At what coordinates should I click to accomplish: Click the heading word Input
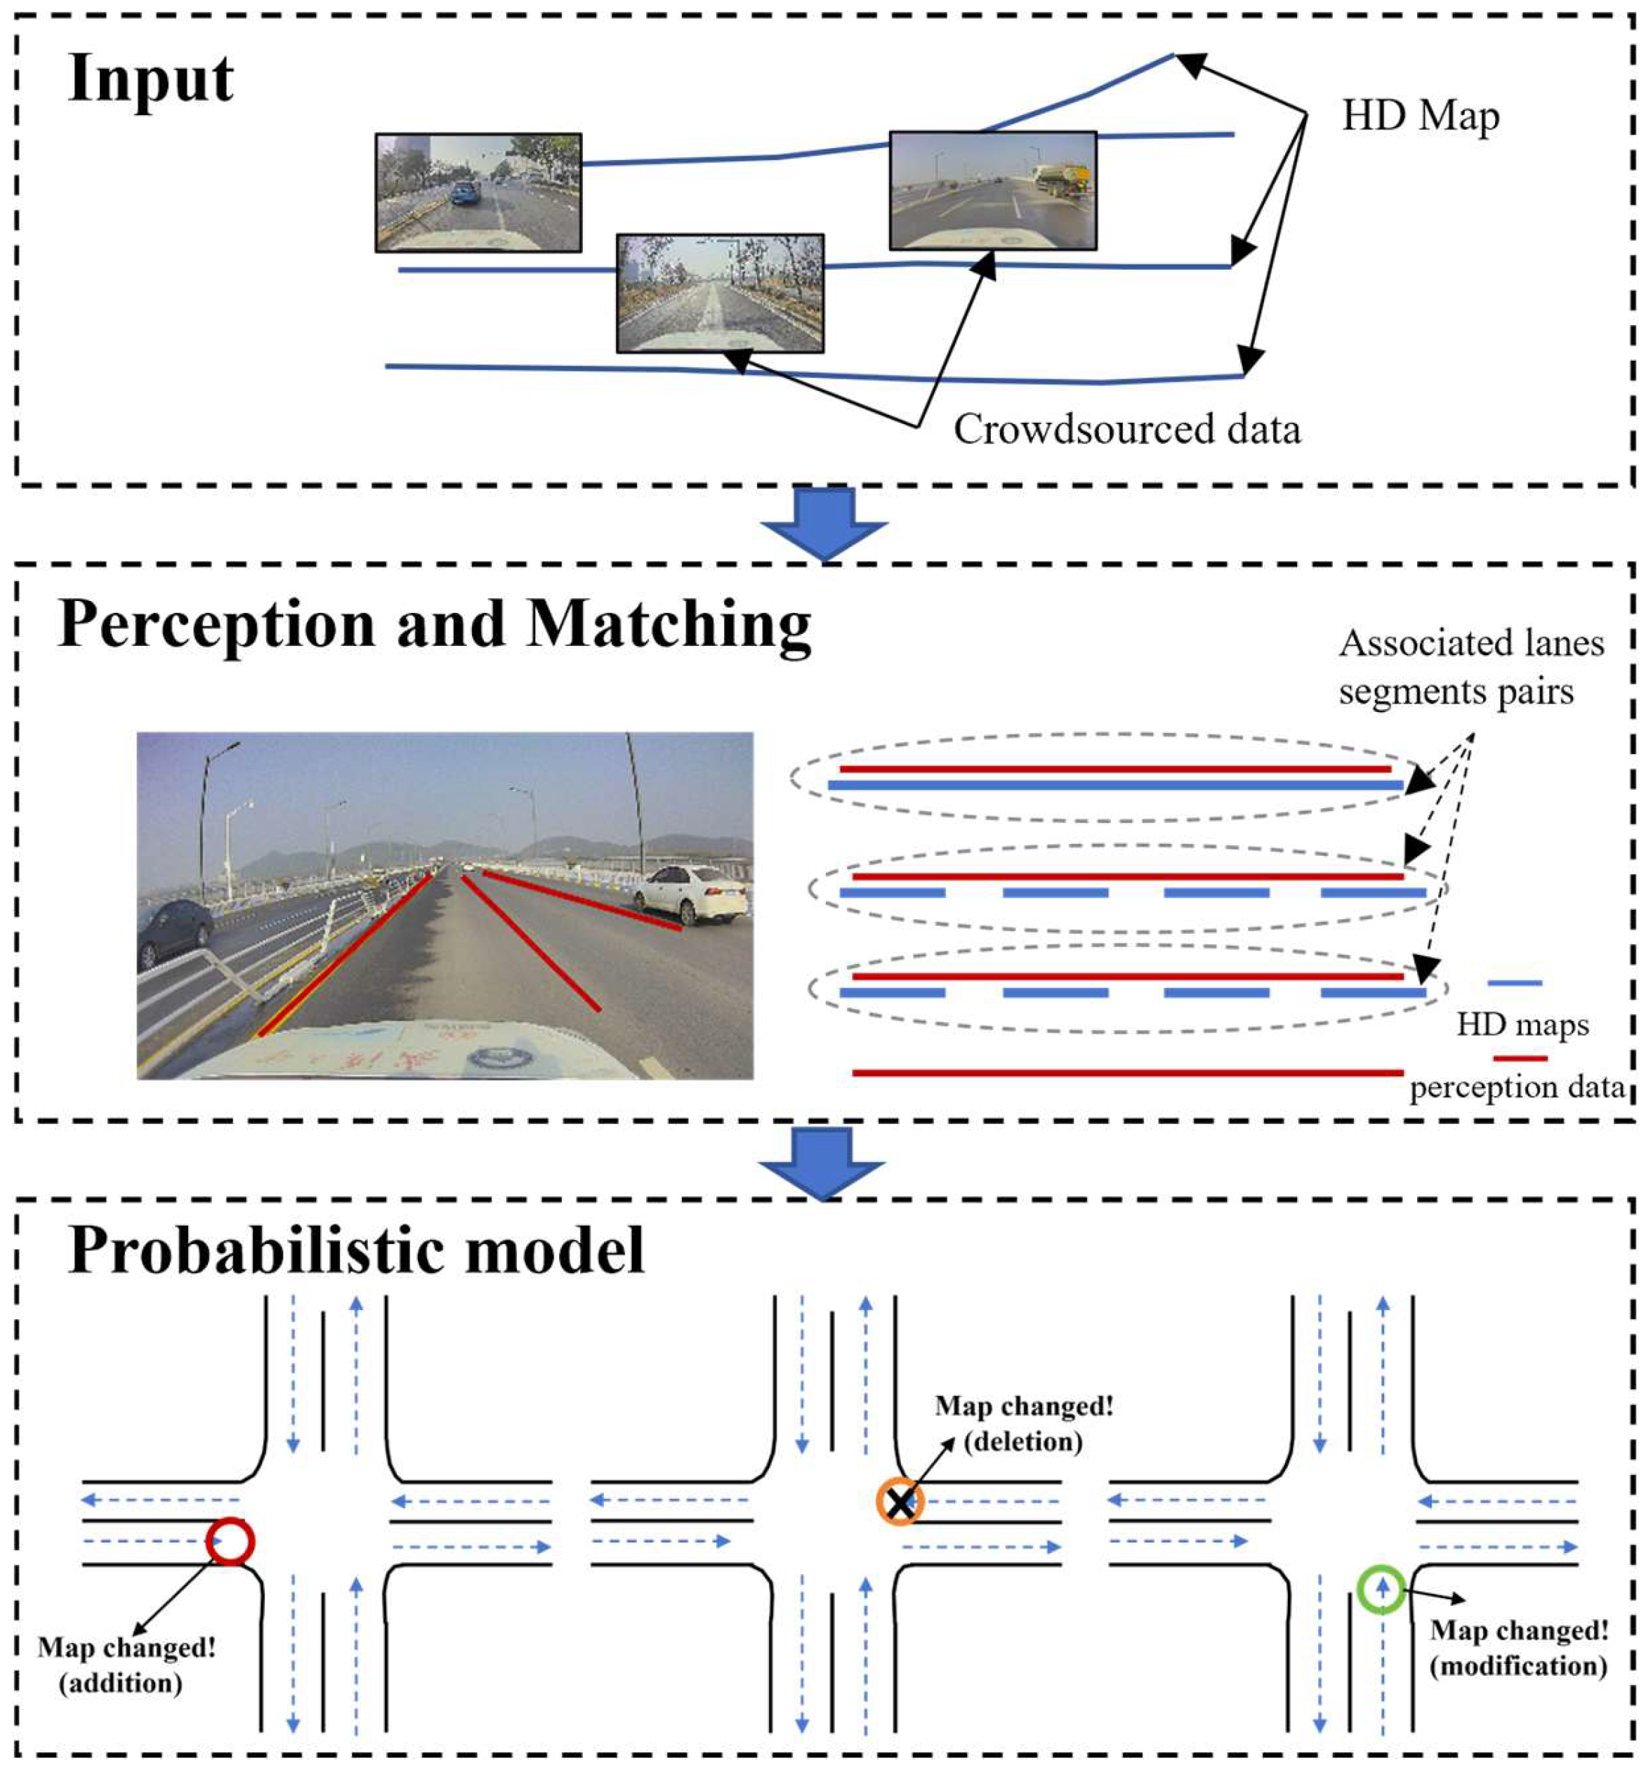[150, 80]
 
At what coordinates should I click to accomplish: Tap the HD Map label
[1421, 117]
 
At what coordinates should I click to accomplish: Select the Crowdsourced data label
[1126, 429]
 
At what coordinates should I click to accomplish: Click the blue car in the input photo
[463, 192]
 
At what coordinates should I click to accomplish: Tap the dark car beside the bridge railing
[176, 932]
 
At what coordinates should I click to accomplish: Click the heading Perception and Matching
[435, 624]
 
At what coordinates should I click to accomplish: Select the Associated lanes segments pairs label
[1471, 667]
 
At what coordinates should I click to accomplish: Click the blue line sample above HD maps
[1515, 982]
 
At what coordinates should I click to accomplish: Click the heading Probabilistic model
[356, 1251]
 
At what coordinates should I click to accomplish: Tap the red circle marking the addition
[230, 1541]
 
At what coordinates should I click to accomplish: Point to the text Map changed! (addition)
[126, 1664]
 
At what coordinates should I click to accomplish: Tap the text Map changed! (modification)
[1519, 1647]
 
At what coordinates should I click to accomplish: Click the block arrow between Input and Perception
[824, 524]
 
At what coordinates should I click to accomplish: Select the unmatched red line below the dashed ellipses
[1127, 1073]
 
